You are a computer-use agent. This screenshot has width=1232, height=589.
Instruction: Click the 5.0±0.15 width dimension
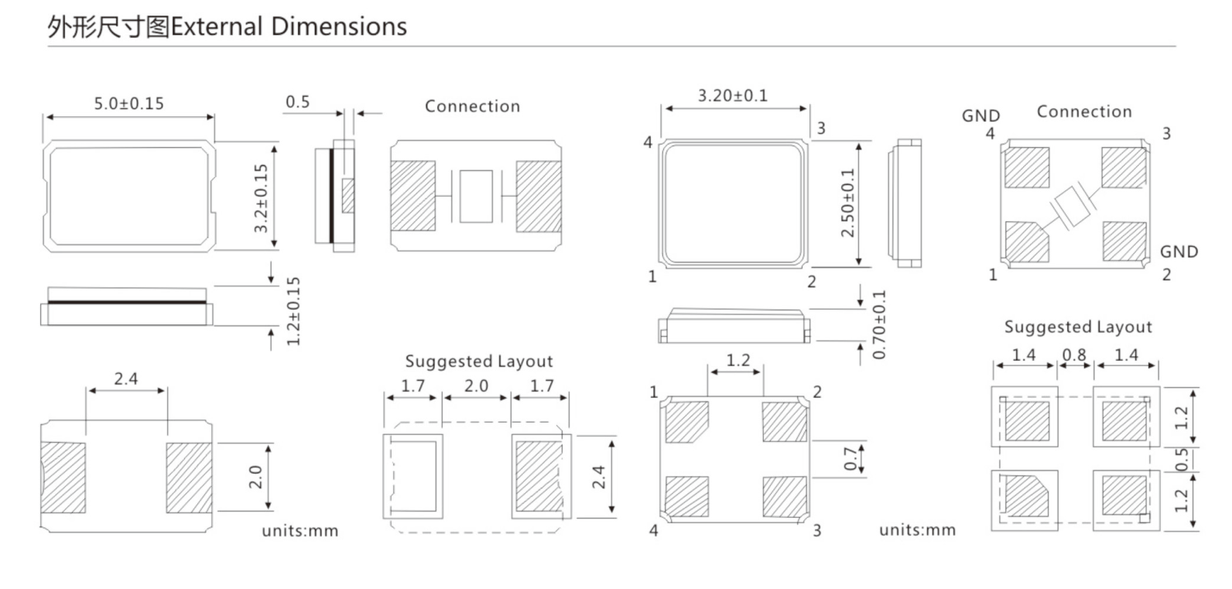128,104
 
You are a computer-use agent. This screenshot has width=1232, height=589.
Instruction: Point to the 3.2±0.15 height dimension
261,198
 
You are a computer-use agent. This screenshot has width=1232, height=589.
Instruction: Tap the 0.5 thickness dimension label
297,102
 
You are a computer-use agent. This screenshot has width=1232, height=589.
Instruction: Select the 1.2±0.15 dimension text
293,311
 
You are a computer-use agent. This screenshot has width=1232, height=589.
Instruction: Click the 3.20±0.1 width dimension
732,96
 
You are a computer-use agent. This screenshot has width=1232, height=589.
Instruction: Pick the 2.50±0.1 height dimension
848,204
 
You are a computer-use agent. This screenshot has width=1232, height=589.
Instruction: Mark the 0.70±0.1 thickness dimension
879,325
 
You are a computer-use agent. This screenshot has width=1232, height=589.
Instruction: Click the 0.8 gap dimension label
1074,355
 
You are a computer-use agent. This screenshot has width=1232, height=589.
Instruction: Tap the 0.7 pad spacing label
850,458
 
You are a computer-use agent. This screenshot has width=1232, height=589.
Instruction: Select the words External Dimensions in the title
289,27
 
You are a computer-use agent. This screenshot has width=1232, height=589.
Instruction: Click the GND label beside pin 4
980,116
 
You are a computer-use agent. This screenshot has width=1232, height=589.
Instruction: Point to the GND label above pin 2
1179,252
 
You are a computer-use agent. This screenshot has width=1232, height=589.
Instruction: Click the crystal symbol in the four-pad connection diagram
1073,207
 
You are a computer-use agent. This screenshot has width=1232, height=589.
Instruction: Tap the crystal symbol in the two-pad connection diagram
475,196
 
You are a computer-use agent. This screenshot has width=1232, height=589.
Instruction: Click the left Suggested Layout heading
479,361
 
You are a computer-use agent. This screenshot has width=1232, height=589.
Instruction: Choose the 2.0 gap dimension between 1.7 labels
476,385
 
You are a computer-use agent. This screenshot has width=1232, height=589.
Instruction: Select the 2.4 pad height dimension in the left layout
598,476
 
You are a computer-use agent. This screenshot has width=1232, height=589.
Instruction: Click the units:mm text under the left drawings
299,531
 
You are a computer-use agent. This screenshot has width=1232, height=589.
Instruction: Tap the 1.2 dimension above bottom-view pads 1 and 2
737,361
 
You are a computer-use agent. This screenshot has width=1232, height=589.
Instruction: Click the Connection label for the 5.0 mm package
472,107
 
